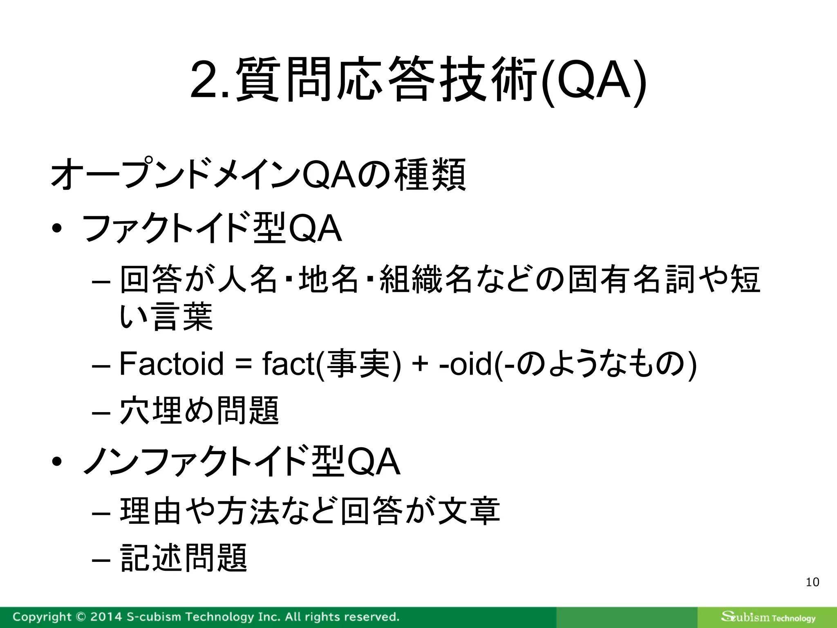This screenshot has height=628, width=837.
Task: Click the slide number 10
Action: (812, 582)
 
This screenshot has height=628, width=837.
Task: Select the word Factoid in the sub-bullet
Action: (171, 364)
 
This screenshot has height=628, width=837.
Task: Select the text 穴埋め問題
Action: (199, 410)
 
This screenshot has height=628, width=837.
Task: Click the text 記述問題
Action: (184, 558)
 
